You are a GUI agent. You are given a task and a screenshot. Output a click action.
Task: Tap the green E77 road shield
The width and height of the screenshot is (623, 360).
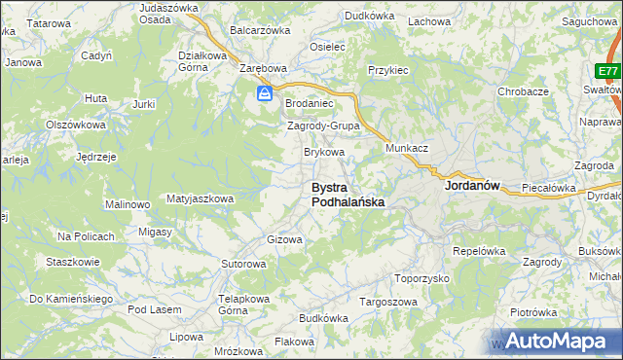[x=608, y=72]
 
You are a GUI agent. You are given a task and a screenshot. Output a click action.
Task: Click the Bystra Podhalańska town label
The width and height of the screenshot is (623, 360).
[x=347, y=195]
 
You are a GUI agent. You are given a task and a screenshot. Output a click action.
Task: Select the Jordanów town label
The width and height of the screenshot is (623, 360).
[x=471, y=185]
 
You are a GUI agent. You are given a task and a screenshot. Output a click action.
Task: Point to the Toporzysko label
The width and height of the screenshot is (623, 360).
[x=421, y=278]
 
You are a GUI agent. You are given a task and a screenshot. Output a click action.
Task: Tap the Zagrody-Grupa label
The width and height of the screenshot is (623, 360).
[x=323, y=126]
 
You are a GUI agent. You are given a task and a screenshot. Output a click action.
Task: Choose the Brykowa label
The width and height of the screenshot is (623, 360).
[x=324, y=153]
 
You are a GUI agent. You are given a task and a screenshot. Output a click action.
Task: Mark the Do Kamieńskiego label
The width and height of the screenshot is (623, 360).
[x=71, y=298]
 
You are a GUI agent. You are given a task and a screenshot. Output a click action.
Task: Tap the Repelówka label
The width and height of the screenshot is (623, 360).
[x=477, y=250]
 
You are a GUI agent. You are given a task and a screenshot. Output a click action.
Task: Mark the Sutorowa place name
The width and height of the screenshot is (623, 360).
[x=243, y=264]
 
